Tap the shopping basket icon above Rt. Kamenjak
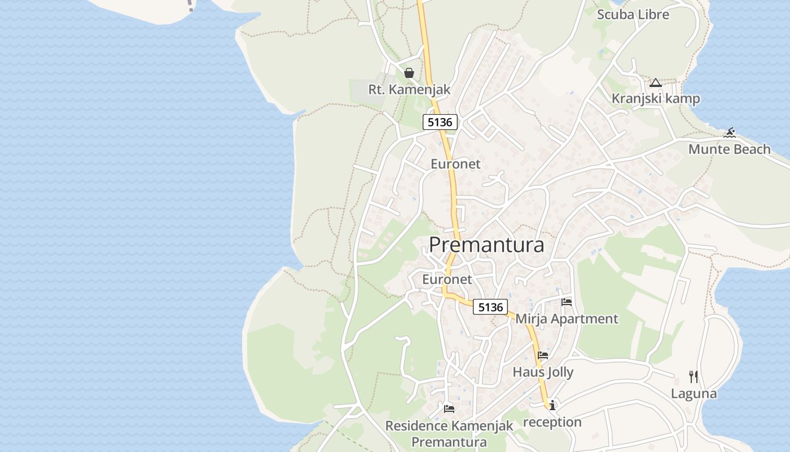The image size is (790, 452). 409,73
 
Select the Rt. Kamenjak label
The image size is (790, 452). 409,89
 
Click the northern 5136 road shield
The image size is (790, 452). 440,122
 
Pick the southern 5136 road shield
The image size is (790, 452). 490,307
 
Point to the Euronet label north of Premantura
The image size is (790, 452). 455,164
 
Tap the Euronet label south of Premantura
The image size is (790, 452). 447,279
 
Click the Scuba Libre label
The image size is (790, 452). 633,15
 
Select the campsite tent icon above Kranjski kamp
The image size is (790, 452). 655,83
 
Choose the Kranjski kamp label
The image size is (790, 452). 656,99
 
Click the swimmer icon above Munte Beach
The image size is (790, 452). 730,133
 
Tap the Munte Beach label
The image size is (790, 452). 729,149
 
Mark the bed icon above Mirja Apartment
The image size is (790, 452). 567,302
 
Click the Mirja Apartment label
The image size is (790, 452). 567,319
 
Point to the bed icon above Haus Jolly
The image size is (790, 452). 543,355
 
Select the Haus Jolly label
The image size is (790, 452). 543,372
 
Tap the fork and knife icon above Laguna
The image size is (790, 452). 694,377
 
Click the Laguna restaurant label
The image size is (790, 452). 694,393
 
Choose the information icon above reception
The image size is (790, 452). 552,405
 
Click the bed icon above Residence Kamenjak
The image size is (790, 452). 449,408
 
